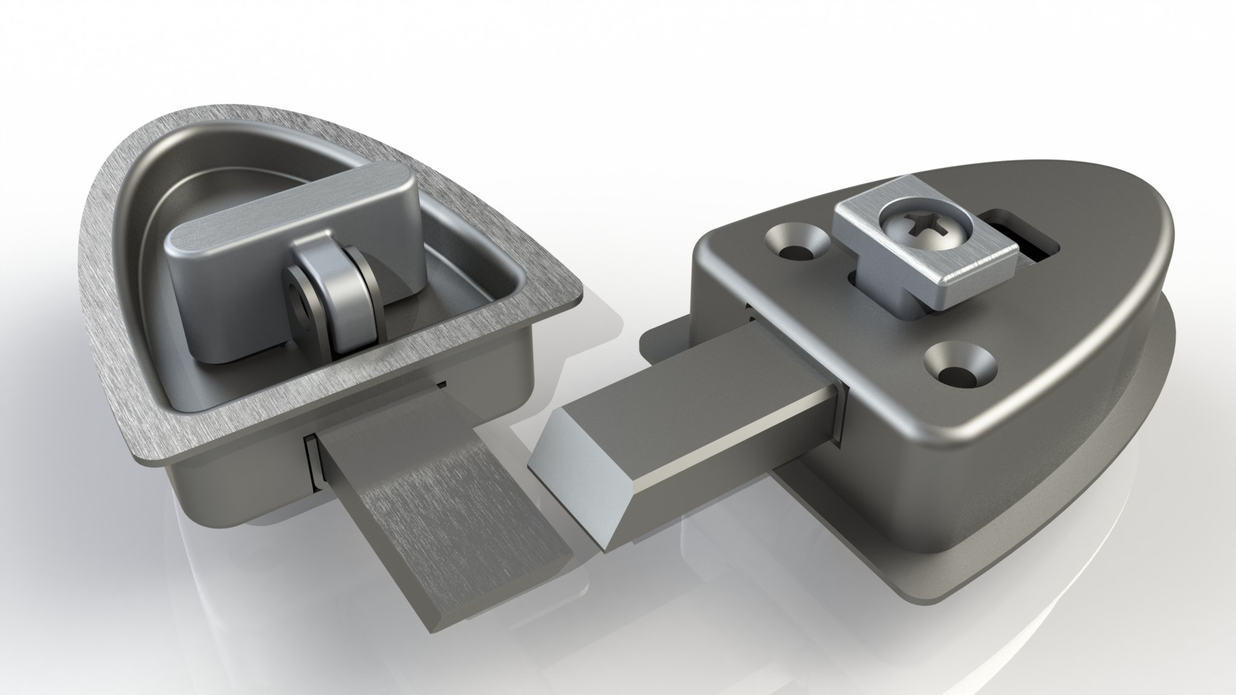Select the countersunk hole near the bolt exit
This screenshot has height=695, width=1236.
[x=960, y=361]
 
